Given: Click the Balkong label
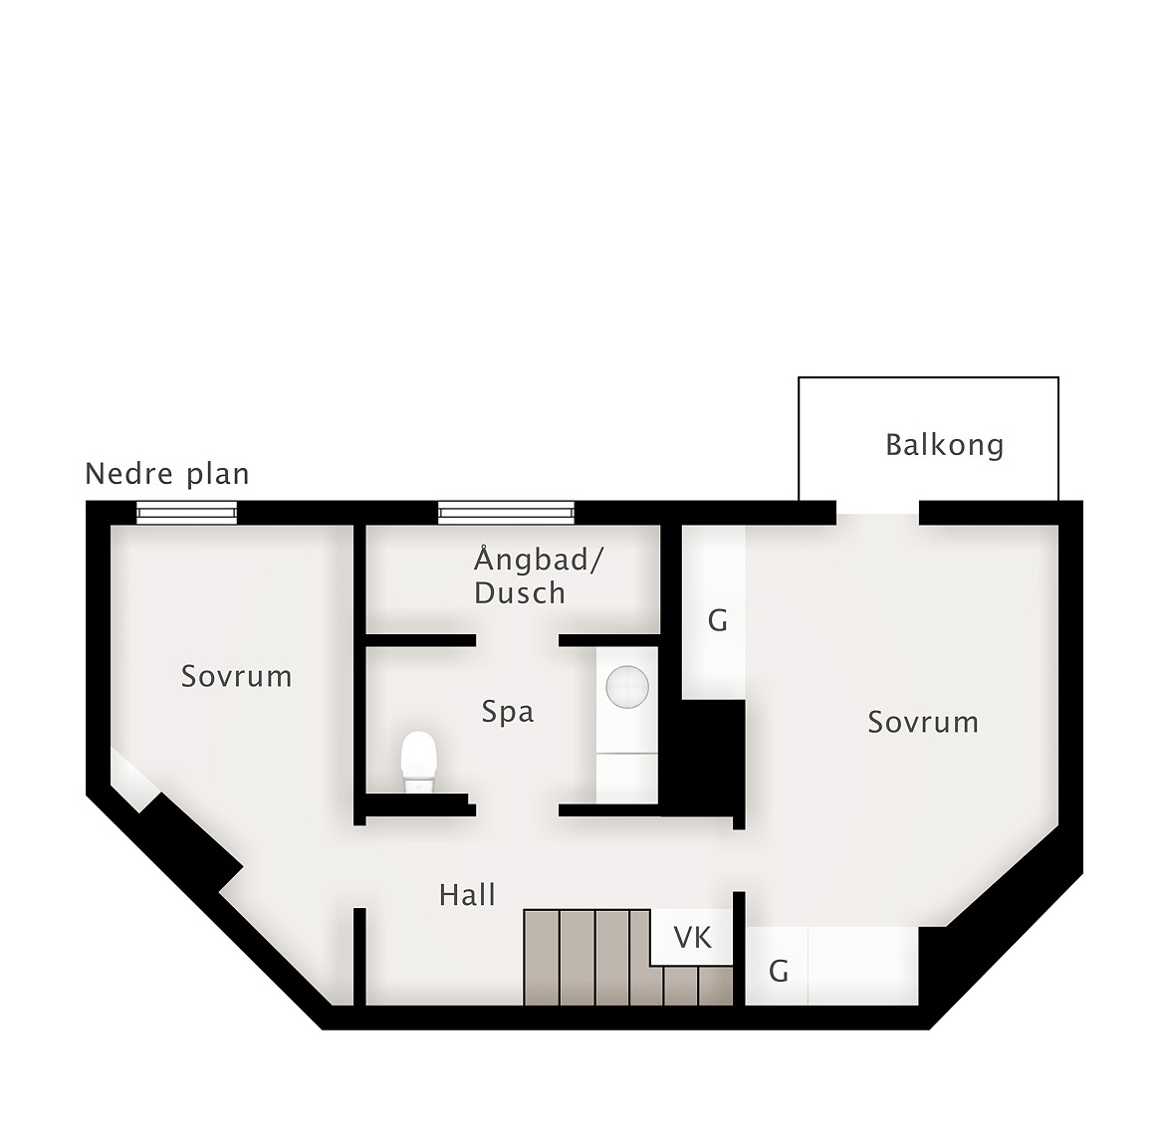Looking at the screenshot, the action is point(944,445).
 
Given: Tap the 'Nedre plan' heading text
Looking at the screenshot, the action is point(167,474).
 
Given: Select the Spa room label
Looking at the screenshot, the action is point(508,712).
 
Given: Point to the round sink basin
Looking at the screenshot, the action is point(627,687).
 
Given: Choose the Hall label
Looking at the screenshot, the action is point(467,895).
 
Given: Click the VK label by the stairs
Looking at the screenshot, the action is point(693,938).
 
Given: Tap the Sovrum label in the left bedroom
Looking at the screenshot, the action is point(237,676).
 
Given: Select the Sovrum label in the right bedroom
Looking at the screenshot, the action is point(923,722).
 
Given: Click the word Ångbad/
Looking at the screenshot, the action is point(539,560).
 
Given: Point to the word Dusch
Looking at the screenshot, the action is point(520,593).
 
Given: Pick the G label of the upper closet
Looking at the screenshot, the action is point(717,620).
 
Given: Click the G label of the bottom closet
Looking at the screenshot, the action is point(778,971).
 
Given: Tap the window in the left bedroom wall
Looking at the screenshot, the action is point(186,512).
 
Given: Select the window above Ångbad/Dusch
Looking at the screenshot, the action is point(506,512).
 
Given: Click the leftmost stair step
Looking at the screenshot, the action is point(541,958).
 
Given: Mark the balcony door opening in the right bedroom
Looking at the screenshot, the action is point(877,513).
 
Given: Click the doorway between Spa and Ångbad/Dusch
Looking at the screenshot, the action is point(518,640).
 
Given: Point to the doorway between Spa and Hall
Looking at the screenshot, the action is point(518,810).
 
